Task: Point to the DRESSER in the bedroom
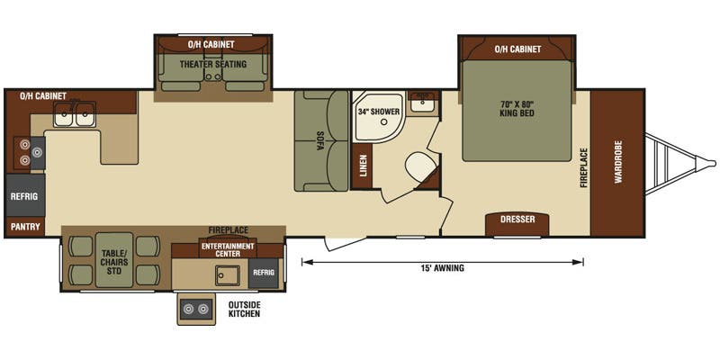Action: [517, 220]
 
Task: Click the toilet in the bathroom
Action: [420, 167]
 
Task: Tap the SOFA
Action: [320, 141]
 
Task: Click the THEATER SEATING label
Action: [213, 65]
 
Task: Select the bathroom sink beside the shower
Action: [421, 104]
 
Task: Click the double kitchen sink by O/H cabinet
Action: [74, 114]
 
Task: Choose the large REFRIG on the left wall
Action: [23, 196]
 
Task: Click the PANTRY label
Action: [25, 227]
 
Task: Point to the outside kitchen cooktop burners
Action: [196, 310]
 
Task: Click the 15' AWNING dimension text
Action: [442, 267]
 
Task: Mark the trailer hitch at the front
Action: [684, 164]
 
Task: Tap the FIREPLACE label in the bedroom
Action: [583, 167]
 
